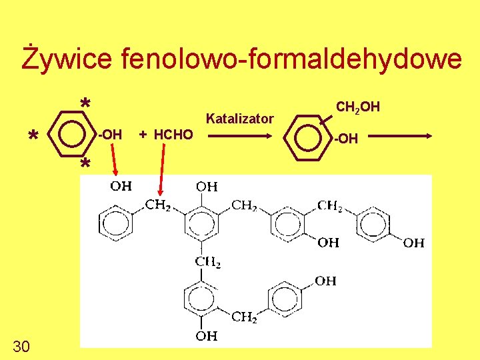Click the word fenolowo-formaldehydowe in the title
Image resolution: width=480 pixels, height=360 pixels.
[x=291, y=59]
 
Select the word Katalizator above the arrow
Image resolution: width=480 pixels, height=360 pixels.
[x=240, y=119]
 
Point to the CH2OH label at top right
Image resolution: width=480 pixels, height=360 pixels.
[x=358, y=106]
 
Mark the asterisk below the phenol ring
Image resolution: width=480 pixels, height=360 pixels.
[x=85, y=165]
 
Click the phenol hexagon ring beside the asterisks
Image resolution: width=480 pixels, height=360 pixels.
[x=70, y=135]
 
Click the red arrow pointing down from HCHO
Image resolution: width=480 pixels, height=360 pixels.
[x=160, y=171]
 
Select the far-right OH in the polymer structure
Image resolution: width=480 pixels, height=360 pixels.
[x=414, y=243]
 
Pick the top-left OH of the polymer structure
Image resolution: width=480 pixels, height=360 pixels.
[x=121, y=186]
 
